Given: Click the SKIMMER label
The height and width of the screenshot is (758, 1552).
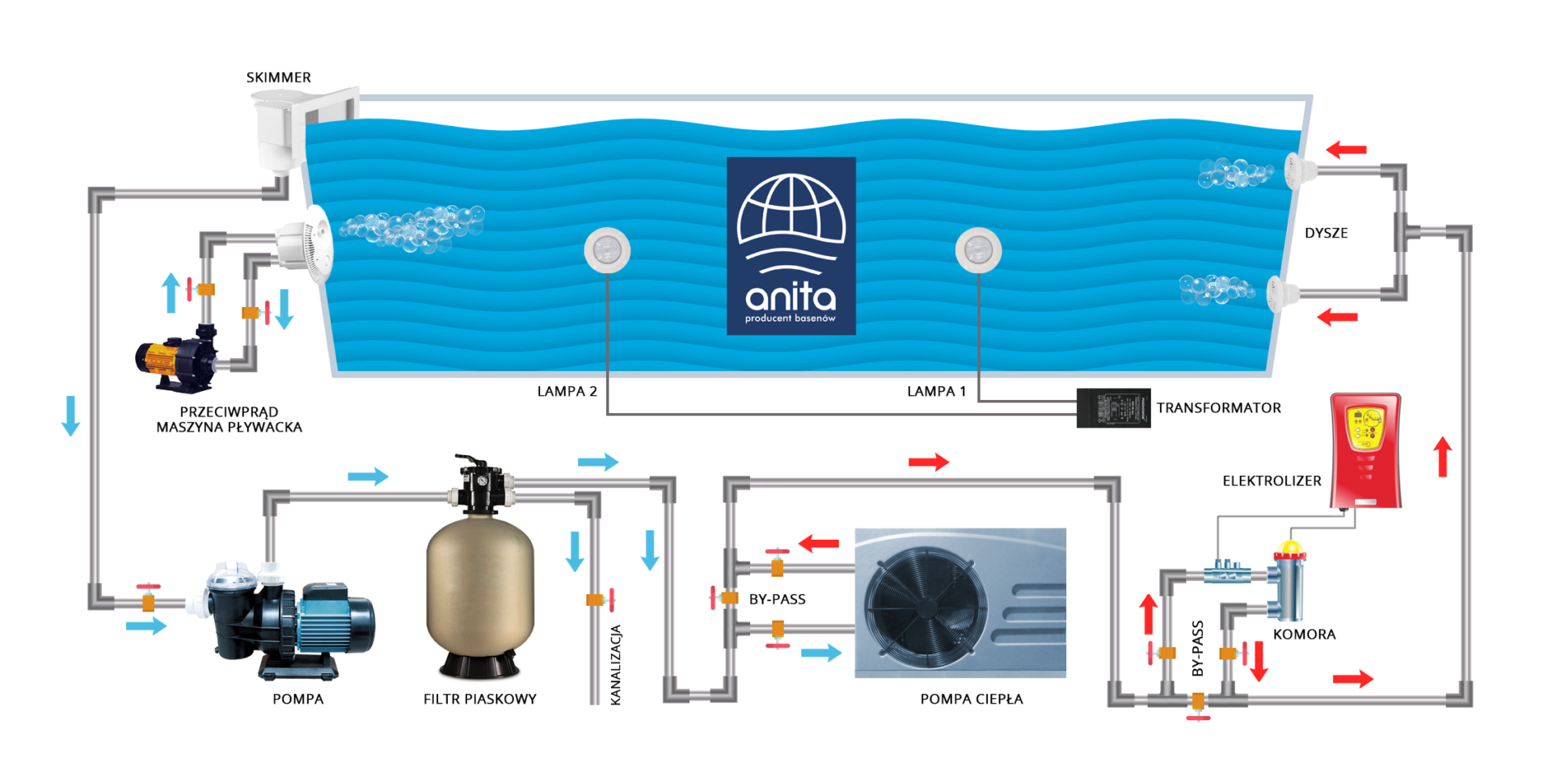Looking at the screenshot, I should (x=278, y=78).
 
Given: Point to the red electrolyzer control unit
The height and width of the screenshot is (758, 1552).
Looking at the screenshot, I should (x=1365, y=449).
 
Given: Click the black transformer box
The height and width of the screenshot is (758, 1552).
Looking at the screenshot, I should (x=1113, y=408).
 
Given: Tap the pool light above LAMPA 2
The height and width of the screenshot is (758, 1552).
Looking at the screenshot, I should (x=607, y=250).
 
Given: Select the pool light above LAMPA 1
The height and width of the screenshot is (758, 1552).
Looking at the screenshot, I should (x=978, y=250).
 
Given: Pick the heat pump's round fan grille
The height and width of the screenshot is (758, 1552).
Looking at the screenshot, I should (x=926, y=604).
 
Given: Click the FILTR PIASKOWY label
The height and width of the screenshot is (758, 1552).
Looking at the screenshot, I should (x=479, y=699).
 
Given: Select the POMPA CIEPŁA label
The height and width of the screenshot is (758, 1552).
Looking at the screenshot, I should (x=971, y=699).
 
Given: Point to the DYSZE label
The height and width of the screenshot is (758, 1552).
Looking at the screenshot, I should (x=1326, y=233).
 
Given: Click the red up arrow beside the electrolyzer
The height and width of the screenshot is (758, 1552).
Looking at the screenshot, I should (x=1442, y=456).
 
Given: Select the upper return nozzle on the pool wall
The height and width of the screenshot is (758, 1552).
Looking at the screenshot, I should (x=1296, y=170).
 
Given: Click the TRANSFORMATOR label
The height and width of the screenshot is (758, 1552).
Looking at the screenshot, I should (x=1218, y=408).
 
